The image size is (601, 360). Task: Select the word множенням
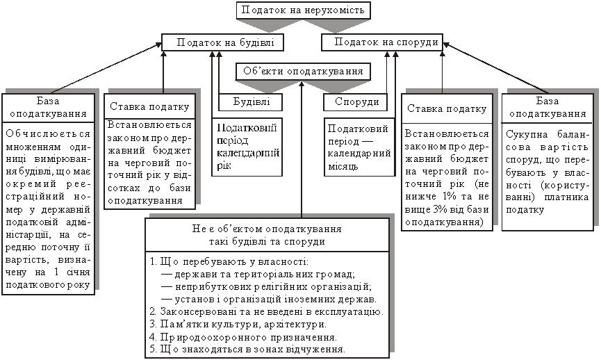coord(26,147)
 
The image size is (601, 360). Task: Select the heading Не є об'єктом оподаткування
coord(265,229)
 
